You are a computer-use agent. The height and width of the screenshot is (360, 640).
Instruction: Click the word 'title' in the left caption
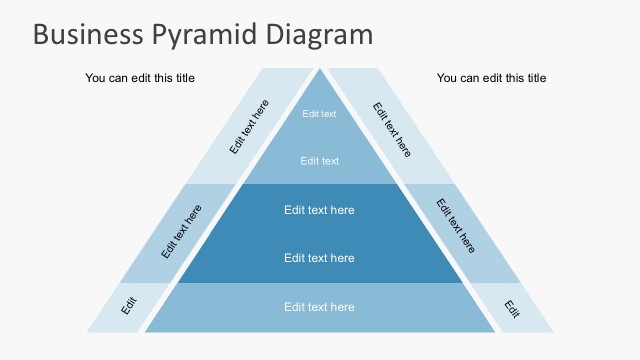[181, 78]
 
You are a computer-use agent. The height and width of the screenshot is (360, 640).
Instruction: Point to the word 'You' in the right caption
[447, 78]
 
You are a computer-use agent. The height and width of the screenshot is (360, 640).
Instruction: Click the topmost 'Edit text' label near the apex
[320, 114]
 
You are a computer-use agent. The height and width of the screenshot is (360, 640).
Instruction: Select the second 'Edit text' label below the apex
[320, 161]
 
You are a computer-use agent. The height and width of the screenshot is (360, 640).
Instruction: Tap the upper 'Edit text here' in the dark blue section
[319, 210]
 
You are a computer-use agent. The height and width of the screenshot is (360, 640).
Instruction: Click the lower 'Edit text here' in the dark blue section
[319, 258]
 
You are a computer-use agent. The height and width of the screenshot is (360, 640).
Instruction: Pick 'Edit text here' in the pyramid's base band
[319, 307]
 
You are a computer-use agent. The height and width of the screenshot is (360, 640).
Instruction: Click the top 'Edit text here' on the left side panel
[249, 127]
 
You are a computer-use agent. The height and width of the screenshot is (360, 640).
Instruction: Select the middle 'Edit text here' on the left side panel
[181, 232]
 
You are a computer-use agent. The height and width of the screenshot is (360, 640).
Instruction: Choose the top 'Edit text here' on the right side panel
[392, 129]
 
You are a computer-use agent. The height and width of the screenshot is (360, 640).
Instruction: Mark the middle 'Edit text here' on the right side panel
[457, 226]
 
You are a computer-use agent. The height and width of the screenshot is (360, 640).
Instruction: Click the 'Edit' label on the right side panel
[512, 309]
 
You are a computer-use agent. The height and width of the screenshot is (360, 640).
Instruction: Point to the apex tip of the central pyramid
[320, 71]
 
